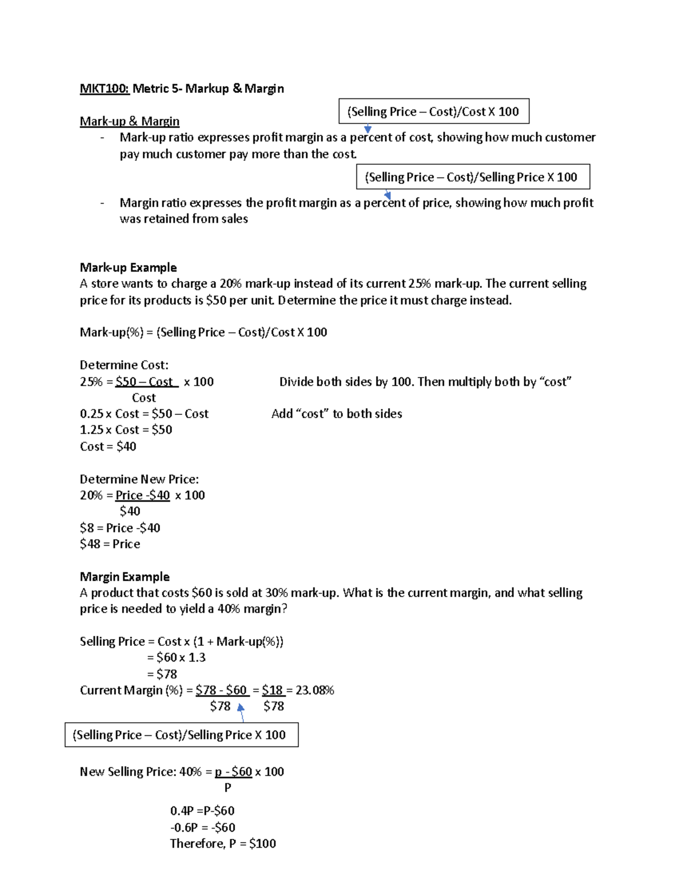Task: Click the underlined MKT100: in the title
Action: [x=105, y=88]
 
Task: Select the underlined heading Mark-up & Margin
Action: [x=130, y=121]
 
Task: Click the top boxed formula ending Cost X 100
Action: [x=433, y=112]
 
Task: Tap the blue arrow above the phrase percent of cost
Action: [x=368, y=129]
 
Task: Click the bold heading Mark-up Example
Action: [x=128, y=267]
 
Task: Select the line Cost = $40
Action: [x=108, y=446]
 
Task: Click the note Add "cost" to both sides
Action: [x=337, y=414]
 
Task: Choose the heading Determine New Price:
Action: [x=139, y=479]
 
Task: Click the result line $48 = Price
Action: [x=110, y=544]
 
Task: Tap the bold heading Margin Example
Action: [x=124, y=577]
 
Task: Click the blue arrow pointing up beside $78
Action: [x=241, y=710]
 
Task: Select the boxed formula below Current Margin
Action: [x=181, y=735]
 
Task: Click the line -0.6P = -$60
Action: [x=203, y=827]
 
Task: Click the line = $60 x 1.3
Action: [x=176, y=657]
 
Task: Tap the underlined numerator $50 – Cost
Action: [x=146, y=381]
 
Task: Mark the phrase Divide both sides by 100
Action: [x=346, y=381]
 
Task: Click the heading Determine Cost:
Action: [x=124, y=365]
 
